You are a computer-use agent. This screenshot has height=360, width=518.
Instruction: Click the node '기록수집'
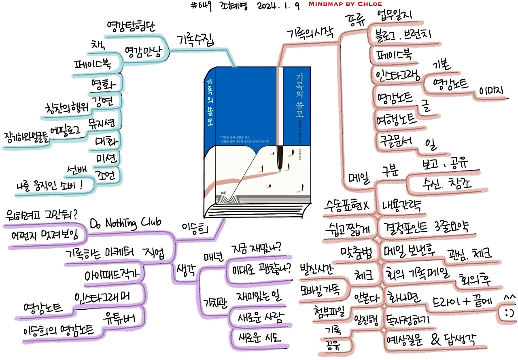(x=195, y=40)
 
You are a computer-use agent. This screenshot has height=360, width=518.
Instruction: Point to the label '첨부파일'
(x=329, y=311)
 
